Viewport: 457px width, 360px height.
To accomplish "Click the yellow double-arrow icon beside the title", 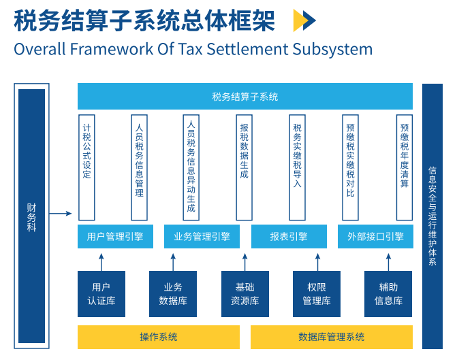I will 304,21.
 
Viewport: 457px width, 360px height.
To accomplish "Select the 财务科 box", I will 32,215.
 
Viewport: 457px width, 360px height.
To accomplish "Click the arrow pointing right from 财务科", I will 61,214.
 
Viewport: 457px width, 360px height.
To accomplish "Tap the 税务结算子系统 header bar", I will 245,97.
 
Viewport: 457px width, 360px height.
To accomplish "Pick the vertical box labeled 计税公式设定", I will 86,167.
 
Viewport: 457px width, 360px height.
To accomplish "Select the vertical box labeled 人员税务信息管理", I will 139,167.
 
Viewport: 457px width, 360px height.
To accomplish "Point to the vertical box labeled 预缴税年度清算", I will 405,167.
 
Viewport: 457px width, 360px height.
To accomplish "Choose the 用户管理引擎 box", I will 115,237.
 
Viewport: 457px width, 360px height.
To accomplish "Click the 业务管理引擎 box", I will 202,237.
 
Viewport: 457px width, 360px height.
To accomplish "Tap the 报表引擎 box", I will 289,237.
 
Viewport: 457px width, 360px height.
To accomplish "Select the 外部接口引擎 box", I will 375,237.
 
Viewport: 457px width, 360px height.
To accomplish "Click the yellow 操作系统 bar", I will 159,337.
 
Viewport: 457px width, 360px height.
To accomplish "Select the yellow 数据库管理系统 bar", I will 332,337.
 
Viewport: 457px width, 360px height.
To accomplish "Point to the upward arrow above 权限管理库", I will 317,261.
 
